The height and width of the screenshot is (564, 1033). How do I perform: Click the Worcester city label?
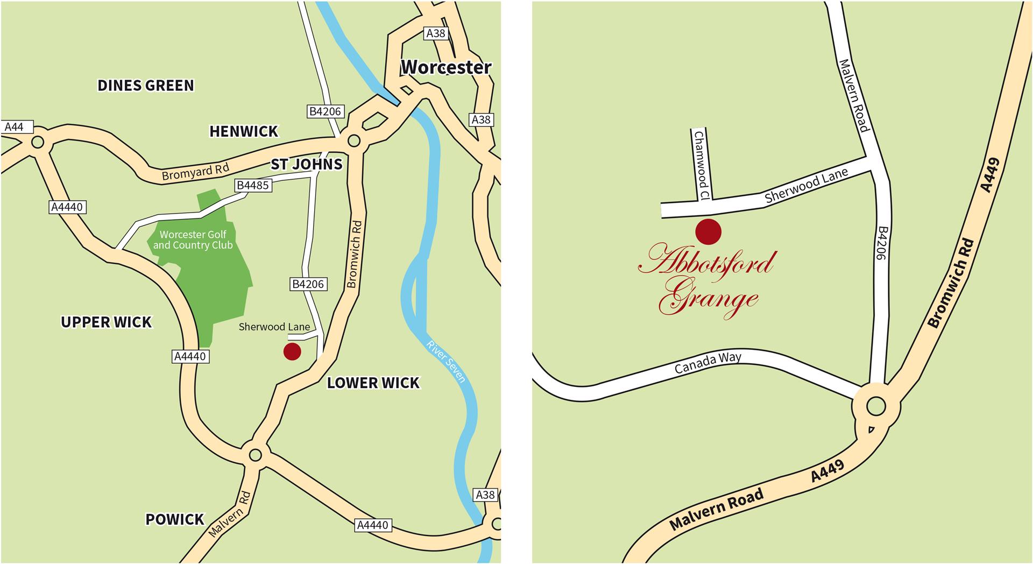pos(446,67)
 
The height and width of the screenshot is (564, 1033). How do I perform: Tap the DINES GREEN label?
pos(145,86)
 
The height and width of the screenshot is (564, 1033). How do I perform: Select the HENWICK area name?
pos(244,131)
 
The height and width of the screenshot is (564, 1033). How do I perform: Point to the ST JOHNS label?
pos(306,164)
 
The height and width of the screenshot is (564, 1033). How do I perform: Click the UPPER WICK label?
pos(106,322)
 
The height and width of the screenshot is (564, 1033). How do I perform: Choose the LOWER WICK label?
pos(373,383)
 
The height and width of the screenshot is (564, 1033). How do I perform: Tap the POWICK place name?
pos(175,519)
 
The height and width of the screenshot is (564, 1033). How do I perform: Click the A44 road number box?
pos(14,127)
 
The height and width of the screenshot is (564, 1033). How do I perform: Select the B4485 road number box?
pos(253,186)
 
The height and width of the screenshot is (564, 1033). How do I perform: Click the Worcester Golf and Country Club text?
pos(193,240)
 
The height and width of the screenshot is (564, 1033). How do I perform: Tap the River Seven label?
pos(446,361)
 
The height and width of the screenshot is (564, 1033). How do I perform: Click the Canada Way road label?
pos(707,363)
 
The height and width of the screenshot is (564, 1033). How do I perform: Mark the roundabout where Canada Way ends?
pos(876,406)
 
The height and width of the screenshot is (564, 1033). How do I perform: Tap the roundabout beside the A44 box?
pos(37,143)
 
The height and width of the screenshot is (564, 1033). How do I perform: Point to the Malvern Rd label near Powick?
pos(230,514)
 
